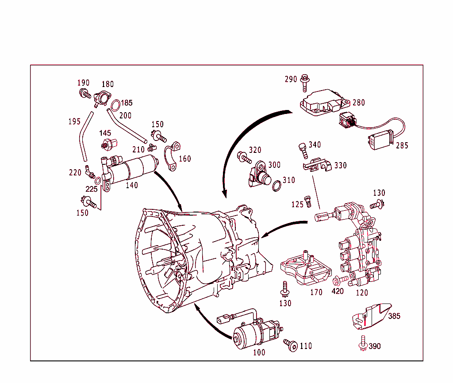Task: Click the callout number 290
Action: (291, 80)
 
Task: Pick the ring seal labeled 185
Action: (115, 106)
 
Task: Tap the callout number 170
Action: (316, 292)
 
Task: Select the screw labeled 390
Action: (362, 344)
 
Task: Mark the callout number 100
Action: (259, 353)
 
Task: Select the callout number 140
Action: (132, 186)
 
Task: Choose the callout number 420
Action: (338, 292)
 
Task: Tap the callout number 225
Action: (91, 189)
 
